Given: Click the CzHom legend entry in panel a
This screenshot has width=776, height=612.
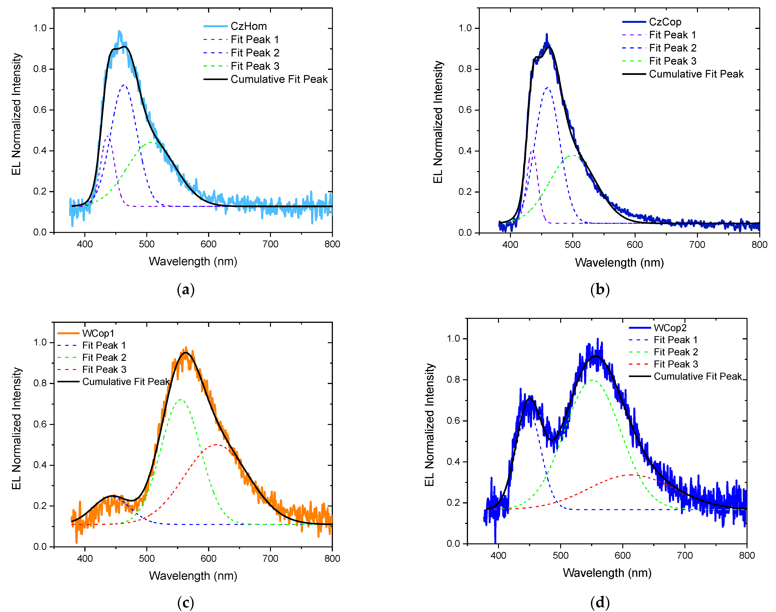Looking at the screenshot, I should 249,26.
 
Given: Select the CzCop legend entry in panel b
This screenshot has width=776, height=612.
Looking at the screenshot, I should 665,22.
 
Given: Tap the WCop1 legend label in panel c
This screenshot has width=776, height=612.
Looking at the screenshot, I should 98,333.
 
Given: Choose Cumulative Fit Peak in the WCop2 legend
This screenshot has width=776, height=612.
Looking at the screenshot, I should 698,376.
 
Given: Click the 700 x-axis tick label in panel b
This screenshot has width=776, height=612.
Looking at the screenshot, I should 697,245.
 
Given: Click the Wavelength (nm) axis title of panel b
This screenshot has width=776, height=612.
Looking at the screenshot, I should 619,263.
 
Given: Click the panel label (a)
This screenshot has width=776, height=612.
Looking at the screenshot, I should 185,290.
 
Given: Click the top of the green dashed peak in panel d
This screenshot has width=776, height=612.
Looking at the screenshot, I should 593,380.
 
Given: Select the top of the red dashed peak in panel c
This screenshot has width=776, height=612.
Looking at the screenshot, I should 216,445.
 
